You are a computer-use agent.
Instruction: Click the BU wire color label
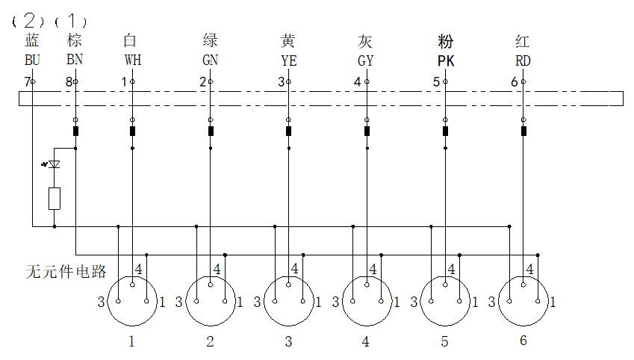click(32, 60)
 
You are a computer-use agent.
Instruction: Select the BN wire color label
click(74, 60)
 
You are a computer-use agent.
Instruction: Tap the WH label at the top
click(132, 60)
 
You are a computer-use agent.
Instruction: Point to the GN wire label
click(211, 60)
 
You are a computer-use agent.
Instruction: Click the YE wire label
click(288, 60)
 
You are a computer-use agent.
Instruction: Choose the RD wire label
click(523, 60)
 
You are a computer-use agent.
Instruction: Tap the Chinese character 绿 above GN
click(211, 40)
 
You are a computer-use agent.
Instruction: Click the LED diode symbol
click(54, 164)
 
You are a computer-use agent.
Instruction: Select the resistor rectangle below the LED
click(54, 199)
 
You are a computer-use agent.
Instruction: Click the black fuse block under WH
click(133, 132)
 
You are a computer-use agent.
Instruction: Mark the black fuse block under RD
click(523, 132)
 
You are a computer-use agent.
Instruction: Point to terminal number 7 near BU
click(27, 81)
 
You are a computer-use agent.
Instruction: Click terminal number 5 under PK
click(436, 81)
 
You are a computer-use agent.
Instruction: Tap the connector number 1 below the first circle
click(132, 342)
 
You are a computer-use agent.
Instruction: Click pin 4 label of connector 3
click(295, 269)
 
